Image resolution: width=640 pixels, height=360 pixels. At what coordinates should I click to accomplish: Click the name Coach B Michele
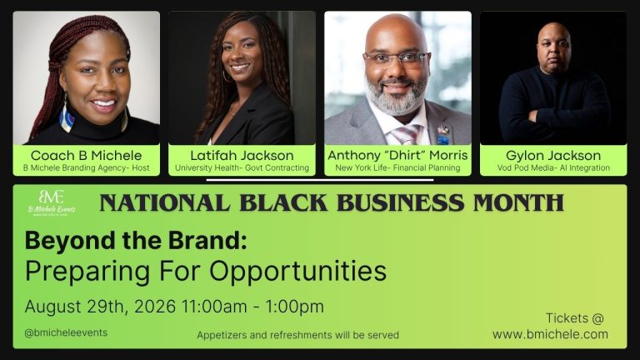click(x=86, y=155)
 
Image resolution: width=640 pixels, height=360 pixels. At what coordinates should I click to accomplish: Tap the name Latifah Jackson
click(x=242, y=155)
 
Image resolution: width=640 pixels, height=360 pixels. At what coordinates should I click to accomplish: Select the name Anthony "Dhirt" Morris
click(x=397, y=155)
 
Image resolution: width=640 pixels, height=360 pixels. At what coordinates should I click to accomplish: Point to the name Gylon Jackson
click(x=553, y=155)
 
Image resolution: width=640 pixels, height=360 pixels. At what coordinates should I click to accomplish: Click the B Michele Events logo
click(x=52, y=202)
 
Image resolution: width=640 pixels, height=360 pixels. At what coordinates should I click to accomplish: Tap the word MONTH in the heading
click(x=518, y=202)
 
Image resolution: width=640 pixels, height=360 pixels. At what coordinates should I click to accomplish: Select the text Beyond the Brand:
click(x=136, y=240)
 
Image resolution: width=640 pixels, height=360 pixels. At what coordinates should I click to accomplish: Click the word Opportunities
click(x=298, y=272)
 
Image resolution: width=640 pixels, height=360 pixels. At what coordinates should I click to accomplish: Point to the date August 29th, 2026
click(x=100, y=307)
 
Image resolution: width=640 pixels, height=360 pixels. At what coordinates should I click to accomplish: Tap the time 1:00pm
click(x=295, y=307)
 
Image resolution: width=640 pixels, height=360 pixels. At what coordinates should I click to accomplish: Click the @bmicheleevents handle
click(x=66, y=332)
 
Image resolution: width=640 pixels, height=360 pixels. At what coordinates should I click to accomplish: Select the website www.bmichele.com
click(x=550, y=334)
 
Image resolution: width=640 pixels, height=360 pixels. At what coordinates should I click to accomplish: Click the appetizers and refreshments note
click(x=298, y=335)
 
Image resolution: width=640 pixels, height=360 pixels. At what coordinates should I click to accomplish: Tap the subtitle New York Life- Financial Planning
click(x=397, y=167)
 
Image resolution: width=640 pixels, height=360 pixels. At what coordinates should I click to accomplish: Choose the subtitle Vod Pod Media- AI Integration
click(x=553, y=167)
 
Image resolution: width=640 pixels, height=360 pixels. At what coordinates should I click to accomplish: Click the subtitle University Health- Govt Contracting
click(x=242, y=167)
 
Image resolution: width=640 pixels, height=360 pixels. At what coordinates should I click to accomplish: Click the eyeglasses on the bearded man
click(x=396, y=58)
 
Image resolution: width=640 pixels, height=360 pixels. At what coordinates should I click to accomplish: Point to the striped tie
click(x=404, y=135)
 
